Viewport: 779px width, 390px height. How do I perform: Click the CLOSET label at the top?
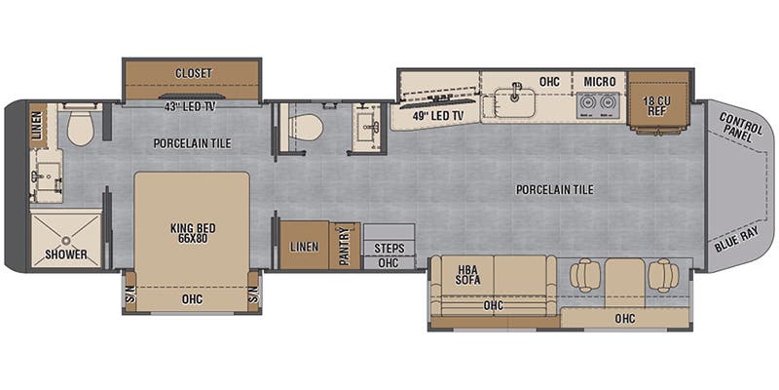pyautogui.click(x=192, y=73)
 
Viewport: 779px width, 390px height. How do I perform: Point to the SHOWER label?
pyautogui.click(x=66, y=254)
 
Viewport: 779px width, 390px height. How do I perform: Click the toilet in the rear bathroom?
pyautogui.click(x=79, y=127)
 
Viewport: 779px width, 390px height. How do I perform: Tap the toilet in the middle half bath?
pyautogui.click(x=307, y=127)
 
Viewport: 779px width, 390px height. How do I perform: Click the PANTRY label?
pyautogui.click(x=345, y=246)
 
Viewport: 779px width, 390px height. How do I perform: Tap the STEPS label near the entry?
pyautogui.click(x=389, y=248)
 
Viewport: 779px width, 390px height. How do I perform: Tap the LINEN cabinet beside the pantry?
pyautogui.click(x=305, y=247)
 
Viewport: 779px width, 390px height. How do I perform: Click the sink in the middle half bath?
pyautogui.click(x=369, y=126)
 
